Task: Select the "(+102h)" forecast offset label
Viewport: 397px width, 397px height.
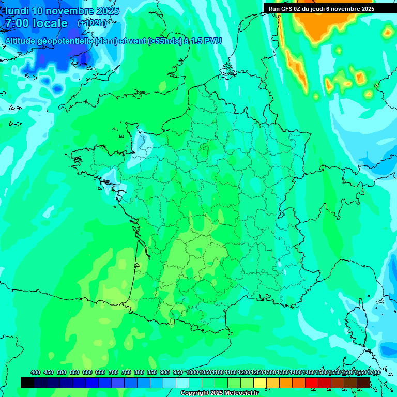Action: click(92, 23)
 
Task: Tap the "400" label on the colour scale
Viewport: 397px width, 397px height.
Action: click(36, 372)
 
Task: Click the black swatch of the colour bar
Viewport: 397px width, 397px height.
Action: click(27, 383)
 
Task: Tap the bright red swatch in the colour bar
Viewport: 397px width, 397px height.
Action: click(312, 383)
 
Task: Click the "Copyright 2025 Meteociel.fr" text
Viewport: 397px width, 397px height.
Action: click(219, 393)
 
